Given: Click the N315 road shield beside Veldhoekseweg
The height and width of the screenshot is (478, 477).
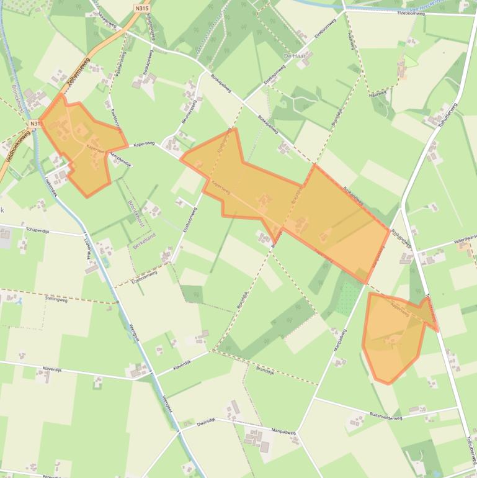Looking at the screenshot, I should click(35, 124).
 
